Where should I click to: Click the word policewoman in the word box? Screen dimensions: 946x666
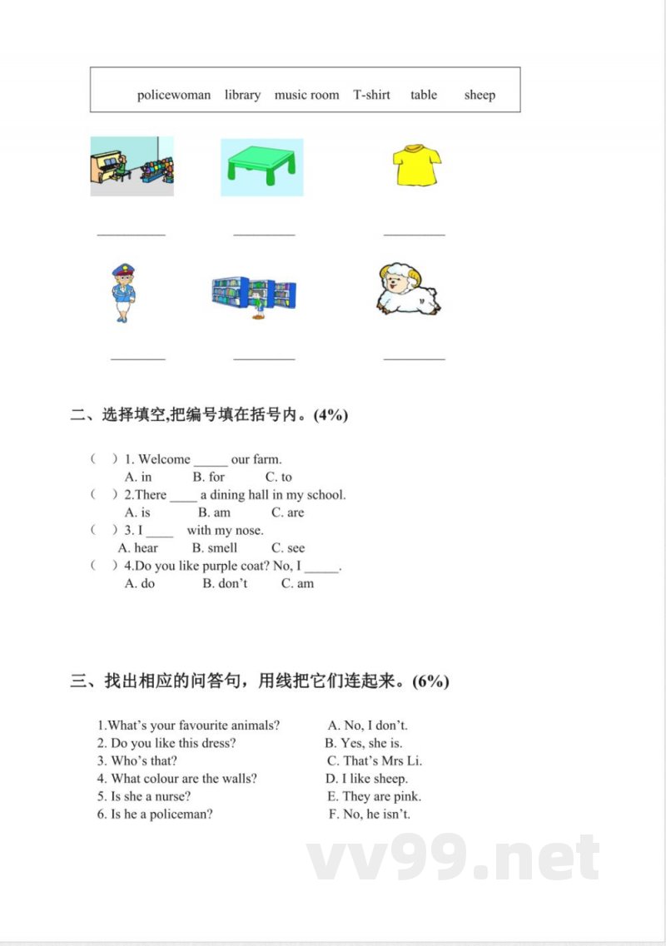coord(174,95)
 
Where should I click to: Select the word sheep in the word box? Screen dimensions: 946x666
coord(480,95)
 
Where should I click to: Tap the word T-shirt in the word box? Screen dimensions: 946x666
coord(371,95)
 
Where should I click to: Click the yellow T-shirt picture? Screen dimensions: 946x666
coord(416,165)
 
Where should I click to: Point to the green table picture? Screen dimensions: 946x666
coord(262,166)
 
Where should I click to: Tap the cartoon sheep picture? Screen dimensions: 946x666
coord(408,289)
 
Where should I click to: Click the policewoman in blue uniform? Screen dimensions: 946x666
coord(123,293)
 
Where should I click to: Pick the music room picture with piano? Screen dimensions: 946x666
coord(132,166)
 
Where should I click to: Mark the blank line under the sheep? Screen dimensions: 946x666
coord(414,359)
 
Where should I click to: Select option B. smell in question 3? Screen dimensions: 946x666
coord(214,548)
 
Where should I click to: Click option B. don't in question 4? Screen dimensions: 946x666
coord(225,584)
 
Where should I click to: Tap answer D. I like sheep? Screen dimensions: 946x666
coord(366,779)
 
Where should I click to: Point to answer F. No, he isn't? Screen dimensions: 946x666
coord(369,815)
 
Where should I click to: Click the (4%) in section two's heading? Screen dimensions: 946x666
coord(330,415)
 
